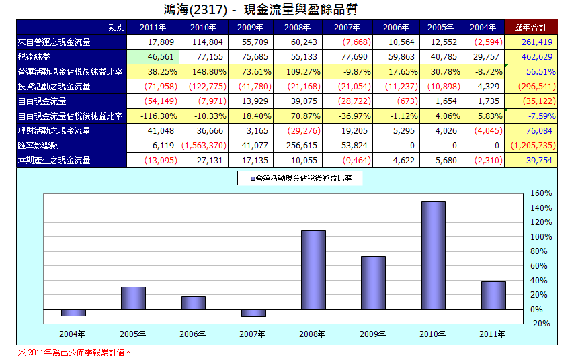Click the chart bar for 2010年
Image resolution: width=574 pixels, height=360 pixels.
[x=433, y=255]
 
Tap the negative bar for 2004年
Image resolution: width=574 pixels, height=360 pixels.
[x=73, y=312]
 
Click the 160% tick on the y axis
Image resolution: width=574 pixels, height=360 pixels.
[x=540, y=193]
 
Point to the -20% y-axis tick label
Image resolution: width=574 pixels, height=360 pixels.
[x=540, y=324]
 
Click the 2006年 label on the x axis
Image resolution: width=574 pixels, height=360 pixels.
[x=193, y=333]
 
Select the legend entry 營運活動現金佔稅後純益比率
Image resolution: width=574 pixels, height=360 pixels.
[x=301, y=178]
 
